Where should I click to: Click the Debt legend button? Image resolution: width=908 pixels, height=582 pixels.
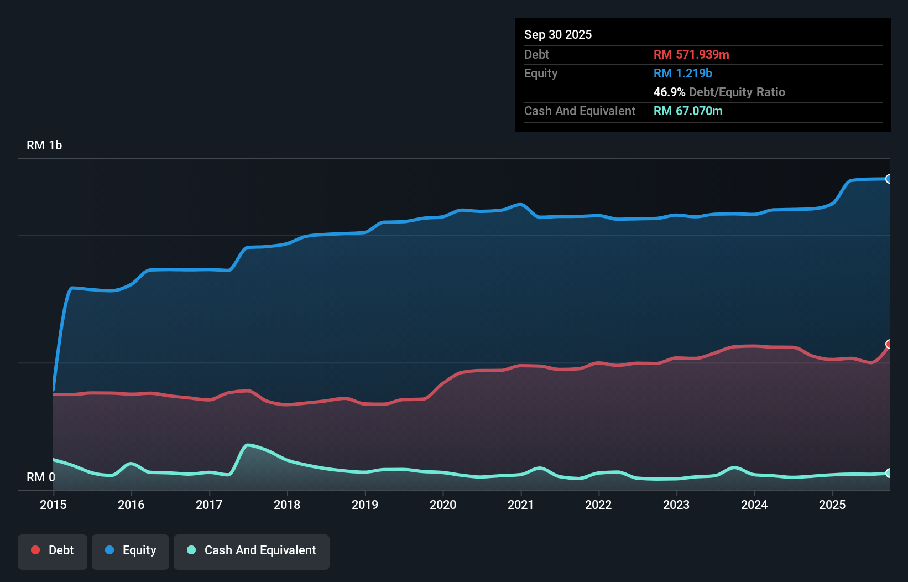pyautogui.click(x=53, y=551)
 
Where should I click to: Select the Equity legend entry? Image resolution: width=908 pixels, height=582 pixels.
pyautogui.click(x=131, y=551)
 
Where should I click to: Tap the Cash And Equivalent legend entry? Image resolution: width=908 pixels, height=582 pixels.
pyautogui.click(x=252, y=551)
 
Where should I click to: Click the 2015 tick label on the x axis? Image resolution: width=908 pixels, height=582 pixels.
pyautogui.click(x=53, y=505)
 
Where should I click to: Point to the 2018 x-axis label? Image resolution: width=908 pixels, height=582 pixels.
pyautogui.click(x=287, y=505)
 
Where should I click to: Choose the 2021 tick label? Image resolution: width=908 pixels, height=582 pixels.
pyautogui.click(x=521, y=505)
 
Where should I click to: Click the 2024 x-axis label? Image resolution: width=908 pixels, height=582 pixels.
pyautogui.click(x=754, y=505)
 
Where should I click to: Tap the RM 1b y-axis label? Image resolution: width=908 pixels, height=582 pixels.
pyautogui.click(x=44, y=145)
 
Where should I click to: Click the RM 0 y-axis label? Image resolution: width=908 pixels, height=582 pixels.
pyautogui.click(x=40, y=477)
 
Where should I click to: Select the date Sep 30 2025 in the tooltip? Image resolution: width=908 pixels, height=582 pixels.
pyautogui.click(x=557, y=34)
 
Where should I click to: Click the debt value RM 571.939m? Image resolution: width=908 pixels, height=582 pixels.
pyautogui.click(x=691, y=54)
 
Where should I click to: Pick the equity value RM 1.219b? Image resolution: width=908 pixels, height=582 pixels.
pyautogui.click(x=682, y=73)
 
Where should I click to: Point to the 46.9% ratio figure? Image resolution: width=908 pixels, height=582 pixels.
pyautogui.click(x=669, y=92)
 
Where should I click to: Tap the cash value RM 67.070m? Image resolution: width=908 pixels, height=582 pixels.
pyautogui.click(x=687, y=111)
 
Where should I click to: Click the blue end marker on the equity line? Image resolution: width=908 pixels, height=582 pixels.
pyautogui.click(x=889, y=179)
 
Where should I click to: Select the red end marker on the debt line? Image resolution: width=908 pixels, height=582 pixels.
pyautogui.click(x=889, y=344)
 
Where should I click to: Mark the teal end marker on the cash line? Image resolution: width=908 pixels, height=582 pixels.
pyautogui.click(x=889, y=473)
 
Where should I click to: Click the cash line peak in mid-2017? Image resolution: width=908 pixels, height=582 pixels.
pyautogui.click(x=248, y=445)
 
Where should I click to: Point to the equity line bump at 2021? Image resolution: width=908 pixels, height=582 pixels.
pyautogui.click(x=520, y=204)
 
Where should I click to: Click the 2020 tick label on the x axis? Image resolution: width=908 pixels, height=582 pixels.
pyautogui.click(x=443, y=505)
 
